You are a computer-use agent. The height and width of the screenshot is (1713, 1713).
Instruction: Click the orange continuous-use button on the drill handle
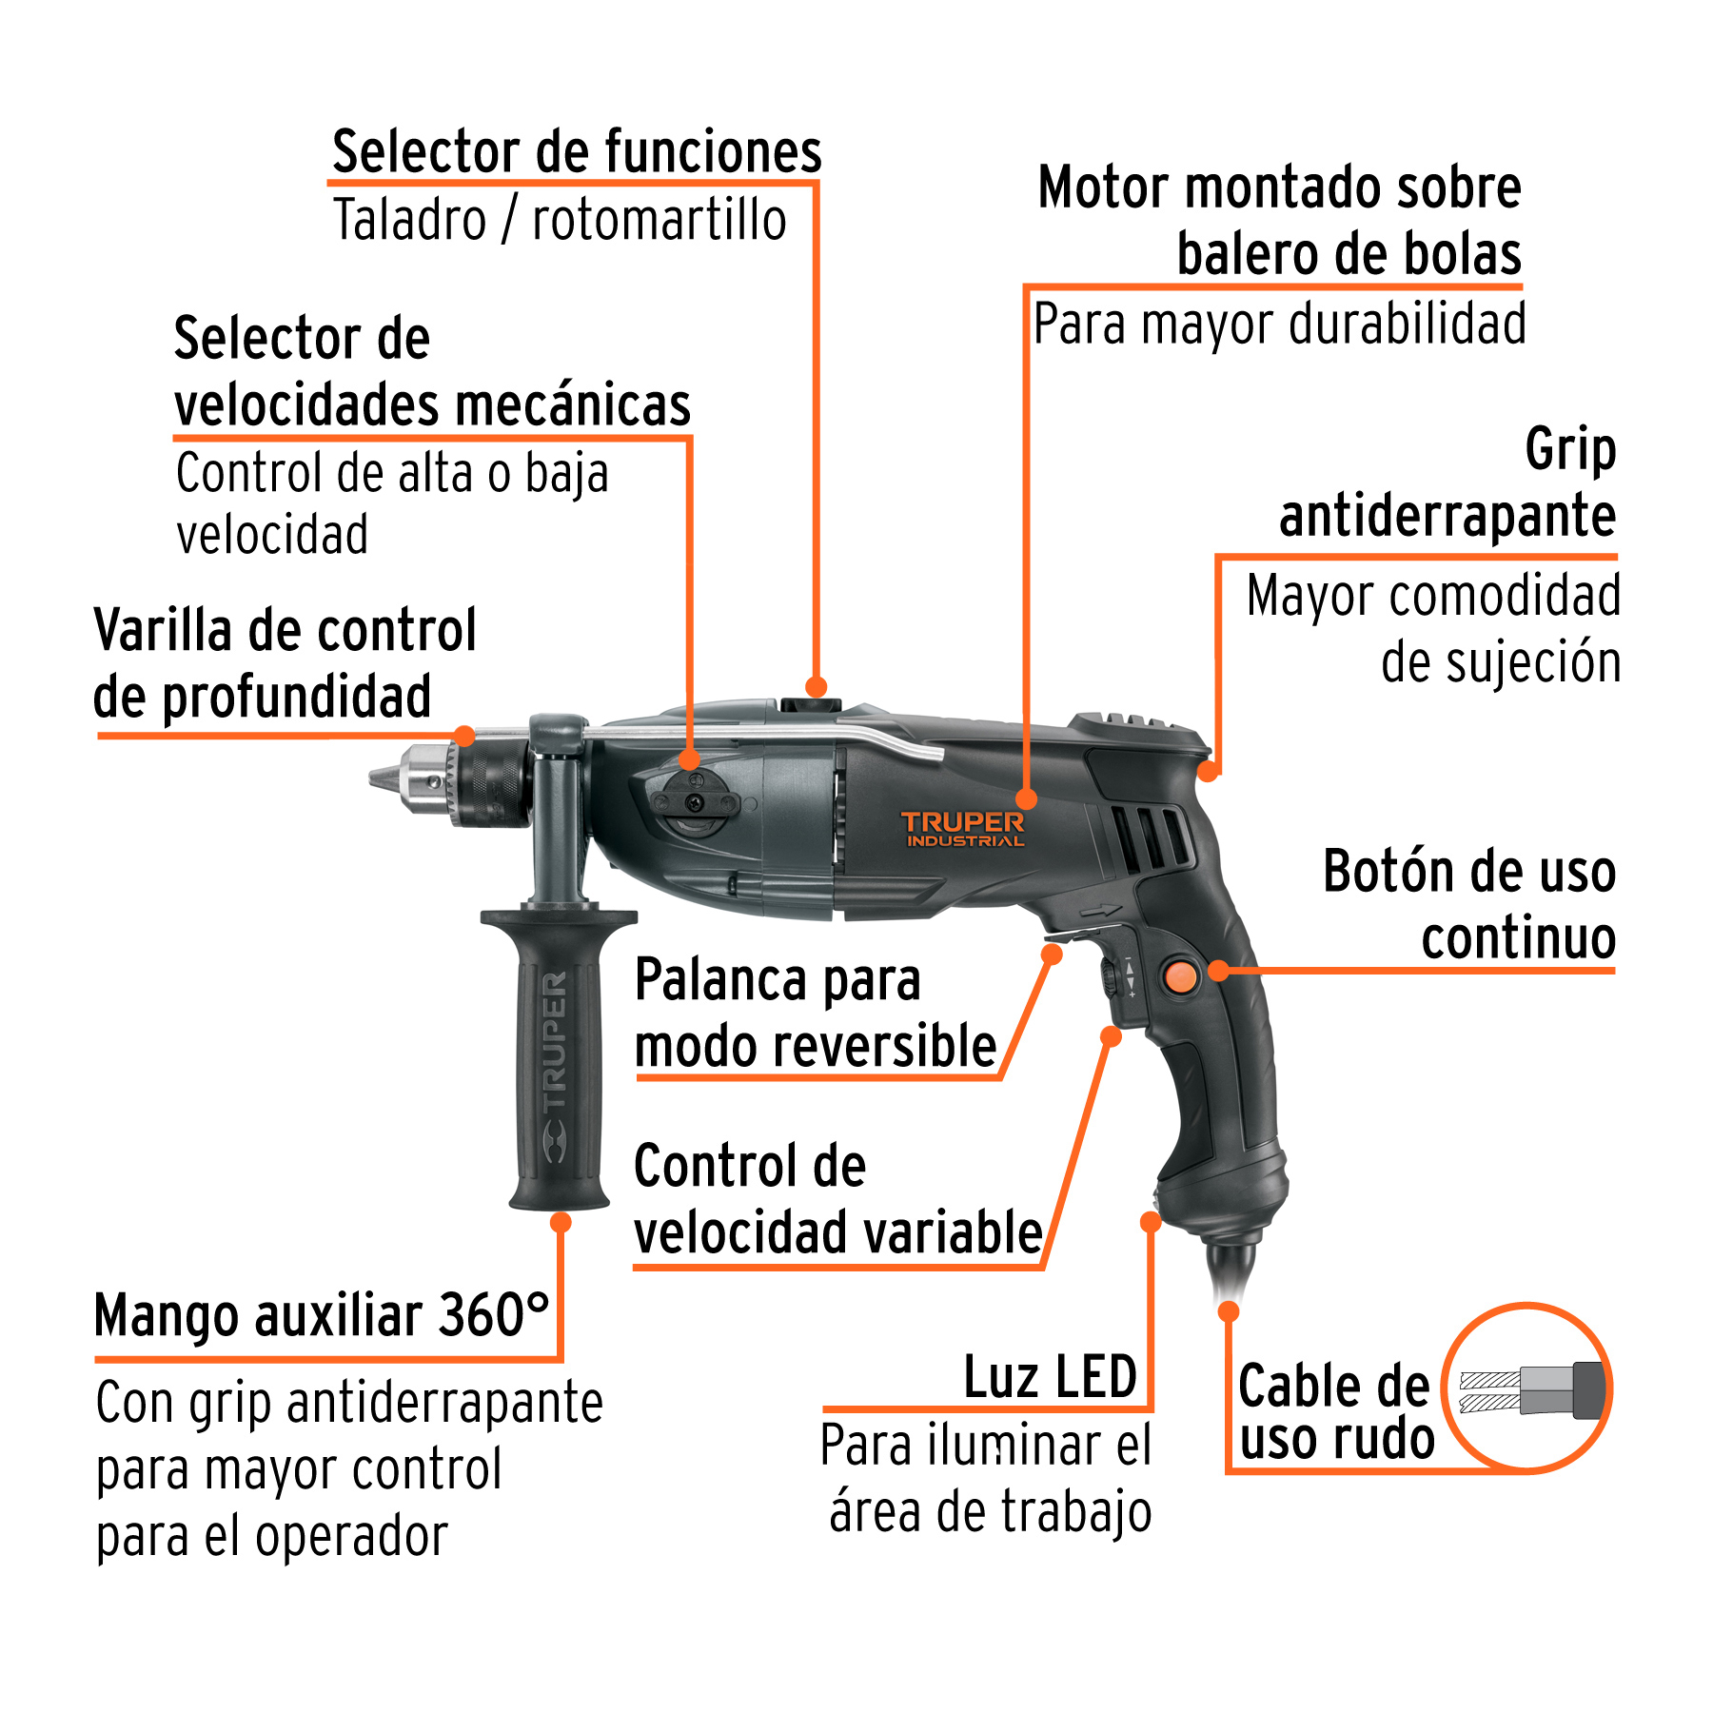[1180, 976]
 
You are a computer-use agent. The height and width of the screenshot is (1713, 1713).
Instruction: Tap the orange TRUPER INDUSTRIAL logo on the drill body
[962, 828]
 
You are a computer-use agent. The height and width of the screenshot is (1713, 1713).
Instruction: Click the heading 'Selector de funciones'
[577, 152]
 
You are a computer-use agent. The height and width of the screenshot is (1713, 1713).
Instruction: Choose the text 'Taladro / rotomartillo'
[560, 221]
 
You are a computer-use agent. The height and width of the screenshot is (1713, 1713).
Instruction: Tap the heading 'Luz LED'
[1050, 1377]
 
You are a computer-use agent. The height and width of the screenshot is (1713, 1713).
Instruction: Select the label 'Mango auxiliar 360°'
[322, 1316]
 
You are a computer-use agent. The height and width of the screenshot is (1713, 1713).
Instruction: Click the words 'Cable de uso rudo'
[1334, 1411]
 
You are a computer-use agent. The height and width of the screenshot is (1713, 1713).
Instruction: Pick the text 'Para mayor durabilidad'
[1279, 325]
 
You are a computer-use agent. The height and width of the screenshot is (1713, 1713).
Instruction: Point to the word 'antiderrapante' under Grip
[1447, 516]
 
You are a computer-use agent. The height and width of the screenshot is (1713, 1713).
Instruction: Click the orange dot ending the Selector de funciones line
[816, 686]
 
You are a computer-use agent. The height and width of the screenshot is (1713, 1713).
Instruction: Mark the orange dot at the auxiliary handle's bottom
[561, 1222]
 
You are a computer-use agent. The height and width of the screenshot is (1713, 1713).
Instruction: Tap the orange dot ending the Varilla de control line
[464, 735]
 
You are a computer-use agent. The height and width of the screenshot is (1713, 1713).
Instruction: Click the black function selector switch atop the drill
[811, 706]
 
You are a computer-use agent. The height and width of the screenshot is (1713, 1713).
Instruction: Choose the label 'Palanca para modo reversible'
[815, 1014]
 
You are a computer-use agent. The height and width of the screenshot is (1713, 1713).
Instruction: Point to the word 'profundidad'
[296, 697]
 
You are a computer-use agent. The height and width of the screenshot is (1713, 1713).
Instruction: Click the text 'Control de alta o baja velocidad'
[392, 502]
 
